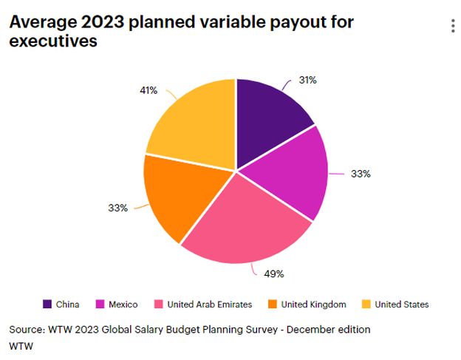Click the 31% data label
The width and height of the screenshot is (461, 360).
click(x=308, y=80)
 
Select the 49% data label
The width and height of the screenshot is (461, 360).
click(x=275, y=274)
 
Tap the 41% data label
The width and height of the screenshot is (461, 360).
click(x=148, y=90)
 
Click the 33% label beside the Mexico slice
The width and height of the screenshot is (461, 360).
click(x=361, y=174)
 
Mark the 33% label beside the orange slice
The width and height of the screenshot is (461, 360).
click(x=117, y=208)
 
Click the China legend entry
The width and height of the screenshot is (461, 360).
click(x=61, y=304)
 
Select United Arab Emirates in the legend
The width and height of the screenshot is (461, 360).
click(x=203, y=304)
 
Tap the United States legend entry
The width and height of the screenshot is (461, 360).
click(x=395, y=304)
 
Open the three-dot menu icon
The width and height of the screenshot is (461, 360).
click(x=453, y=27)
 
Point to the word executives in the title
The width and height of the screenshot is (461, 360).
click(x=53, y=41)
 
